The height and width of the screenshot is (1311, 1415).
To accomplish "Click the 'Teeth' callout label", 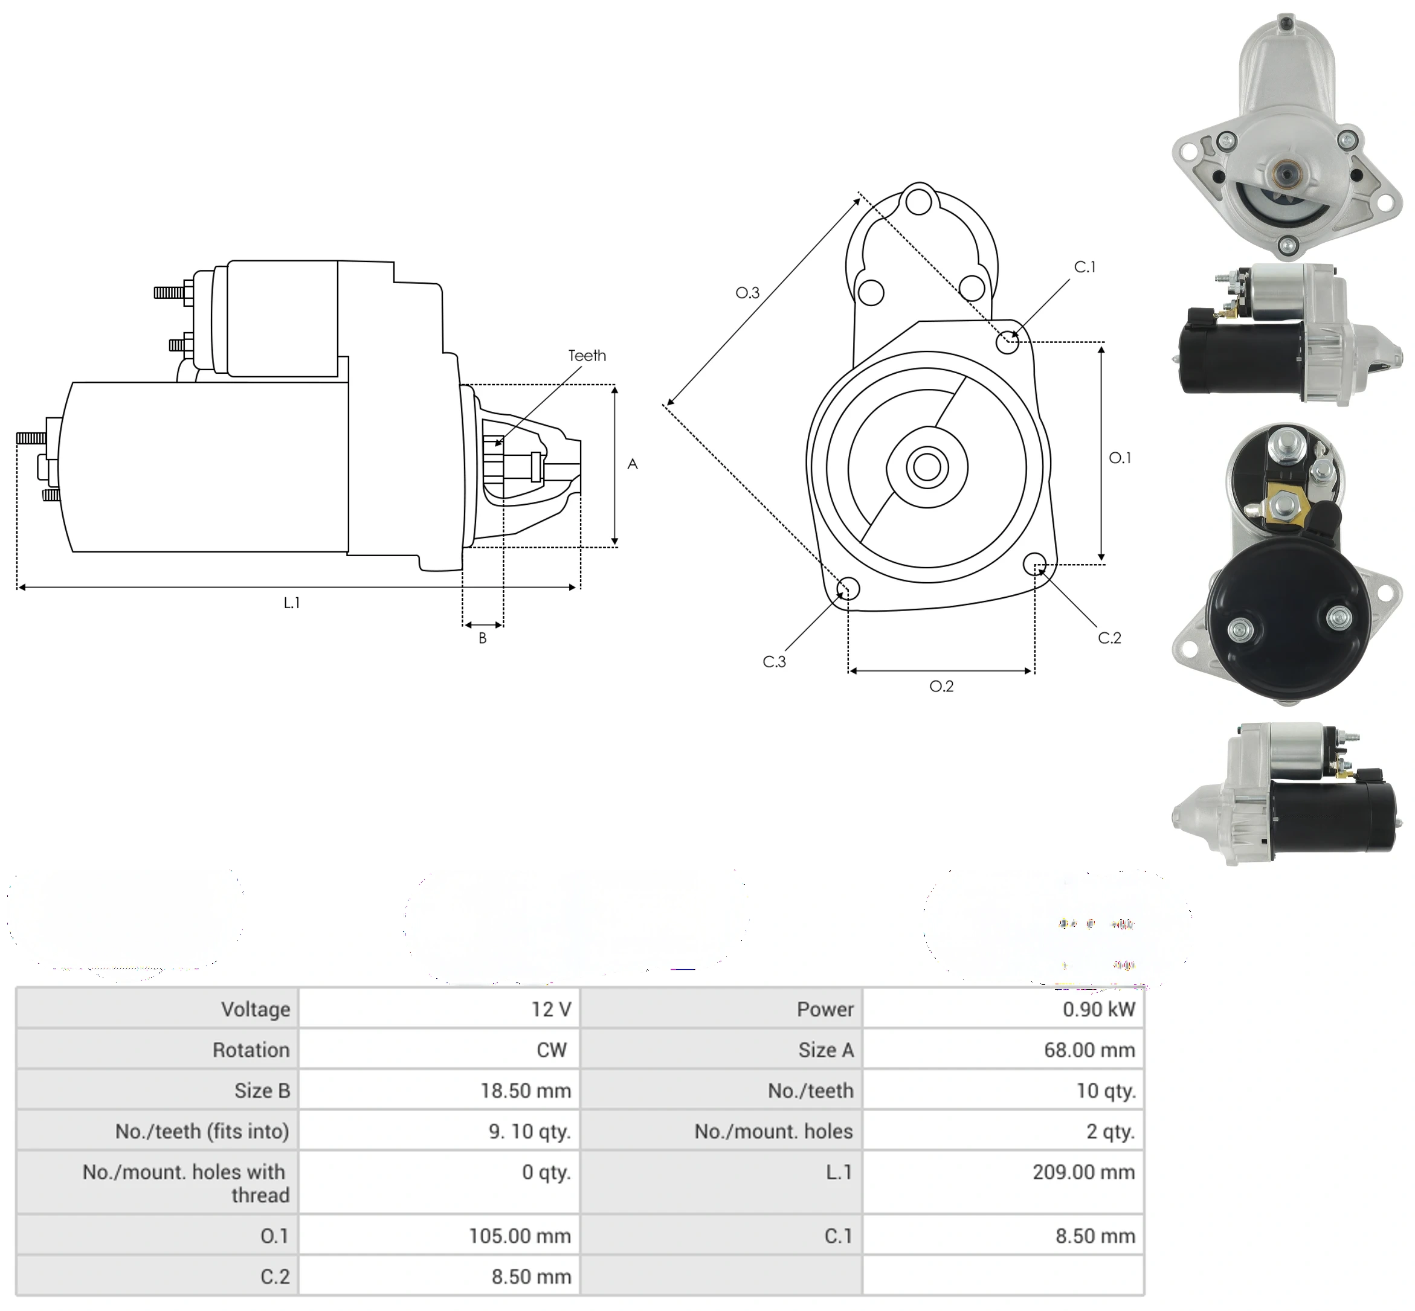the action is coord(587,356).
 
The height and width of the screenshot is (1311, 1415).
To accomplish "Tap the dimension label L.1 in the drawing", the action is coord(292,602).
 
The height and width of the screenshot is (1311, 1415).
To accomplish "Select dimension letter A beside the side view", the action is coord(633,464).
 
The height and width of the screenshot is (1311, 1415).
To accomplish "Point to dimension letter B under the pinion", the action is coord(483,638).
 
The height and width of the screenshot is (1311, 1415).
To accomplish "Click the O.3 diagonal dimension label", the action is coord(747,292).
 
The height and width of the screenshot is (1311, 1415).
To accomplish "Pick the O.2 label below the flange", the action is coord(942,686).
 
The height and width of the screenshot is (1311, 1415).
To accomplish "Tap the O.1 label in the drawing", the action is coord(1120,458).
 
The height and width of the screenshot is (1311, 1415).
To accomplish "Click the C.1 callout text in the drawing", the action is coord(1085,267).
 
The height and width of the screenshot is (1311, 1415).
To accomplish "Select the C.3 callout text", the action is coord(774,661).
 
